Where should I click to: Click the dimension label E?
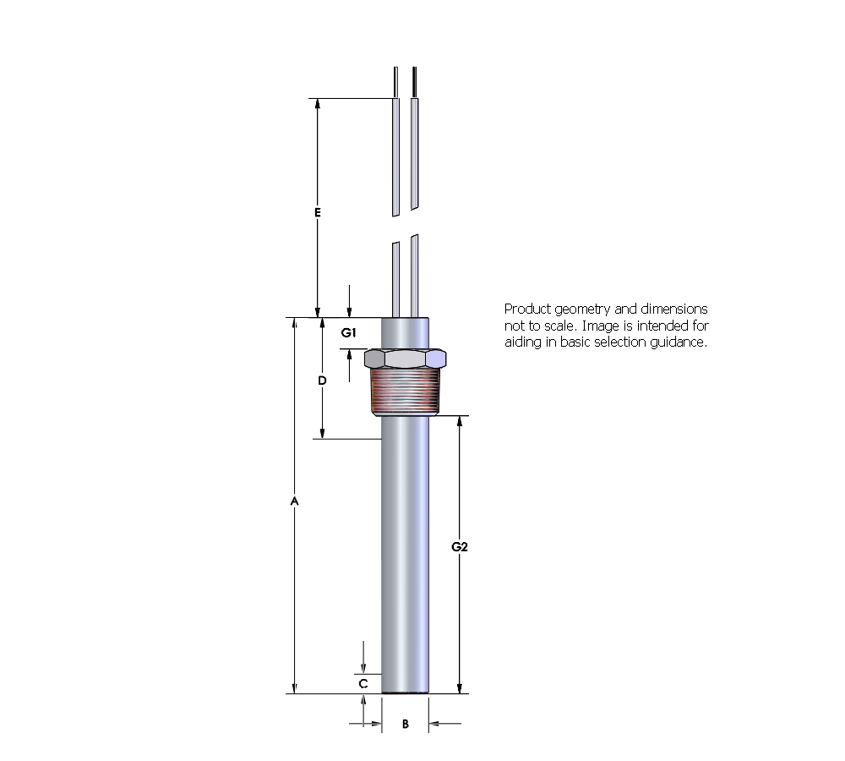pos(318,213)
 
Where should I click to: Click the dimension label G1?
pos(348,333)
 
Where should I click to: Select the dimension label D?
pos(322,380)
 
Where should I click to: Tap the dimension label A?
pos(294,501)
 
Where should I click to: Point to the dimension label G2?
pos(459,546)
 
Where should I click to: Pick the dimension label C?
pos(363,682)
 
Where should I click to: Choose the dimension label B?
pos(406,724)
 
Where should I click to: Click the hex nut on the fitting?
pos(406,358)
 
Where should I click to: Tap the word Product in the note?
pos(526,309)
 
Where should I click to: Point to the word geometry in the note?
pos(584,309)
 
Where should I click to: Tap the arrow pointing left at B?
pos(435,723)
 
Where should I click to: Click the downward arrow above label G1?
pos(350,311)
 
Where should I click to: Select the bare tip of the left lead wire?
pos(395,82)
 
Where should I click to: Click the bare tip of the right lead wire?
pos(413,82)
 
